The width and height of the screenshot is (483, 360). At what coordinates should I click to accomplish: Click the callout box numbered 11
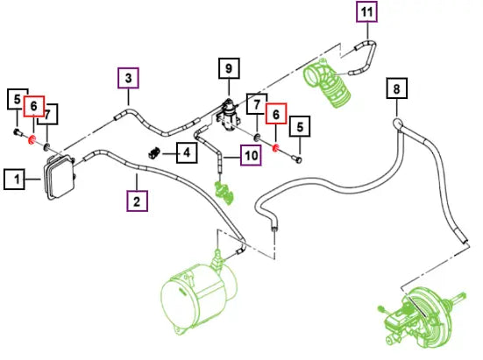(x=367, y=11)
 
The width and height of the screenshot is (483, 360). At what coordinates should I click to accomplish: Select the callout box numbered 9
(x=229, y=68)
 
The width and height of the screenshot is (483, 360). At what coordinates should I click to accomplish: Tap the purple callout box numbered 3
(x=128, y=78)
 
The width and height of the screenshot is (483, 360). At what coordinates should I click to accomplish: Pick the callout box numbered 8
(x=397, y=88)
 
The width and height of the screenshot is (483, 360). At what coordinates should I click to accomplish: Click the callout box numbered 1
(x=15, y=179)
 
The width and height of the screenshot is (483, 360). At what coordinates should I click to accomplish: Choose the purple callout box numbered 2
(x=137, y=201)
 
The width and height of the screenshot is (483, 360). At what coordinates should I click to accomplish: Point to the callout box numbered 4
(x=187, y=152)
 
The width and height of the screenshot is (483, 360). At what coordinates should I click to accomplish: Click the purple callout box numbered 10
(x=251, y=155)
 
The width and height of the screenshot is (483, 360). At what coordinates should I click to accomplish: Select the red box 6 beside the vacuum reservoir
(x=34, y=106)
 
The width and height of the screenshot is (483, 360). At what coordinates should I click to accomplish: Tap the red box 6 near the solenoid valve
(x=276, y=114)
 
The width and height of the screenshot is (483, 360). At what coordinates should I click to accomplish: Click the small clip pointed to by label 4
(x=154, y=152)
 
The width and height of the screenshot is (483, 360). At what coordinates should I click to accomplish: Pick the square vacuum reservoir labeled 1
(x=60, y=177)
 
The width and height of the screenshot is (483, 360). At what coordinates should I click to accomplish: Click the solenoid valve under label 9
(x=229, y=116)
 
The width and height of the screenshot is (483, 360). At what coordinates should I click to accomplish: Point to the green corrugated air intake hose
(x=326, y=83)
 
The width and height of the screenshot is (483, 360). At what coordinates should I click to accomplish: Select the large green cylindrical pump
(x=199, y=295)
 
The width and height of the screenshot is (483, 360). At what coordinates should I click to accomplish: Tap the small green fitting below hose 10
(x=224, y=193)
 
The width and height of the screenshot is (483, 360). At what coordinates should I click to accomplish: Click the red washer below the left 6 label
(x=32, y=140)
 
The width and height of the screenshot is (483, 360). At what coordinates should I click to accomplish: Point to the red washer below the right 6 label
(x=275, y=148)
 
